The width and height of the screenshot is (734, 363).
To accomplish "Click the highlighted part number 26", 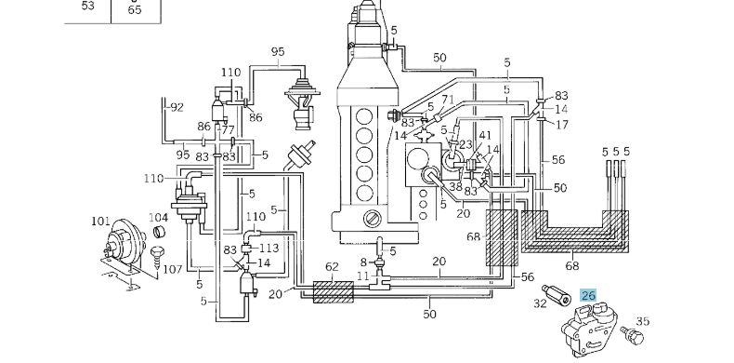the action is pos(588,295).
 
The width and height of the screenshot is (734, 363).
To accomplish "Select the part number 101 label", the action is pos(101,221).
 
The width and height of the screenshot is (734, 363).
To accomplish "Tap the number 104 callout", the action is pos(158,218).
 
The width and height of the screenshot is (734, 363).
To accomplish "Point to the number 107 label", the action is pos(172,269).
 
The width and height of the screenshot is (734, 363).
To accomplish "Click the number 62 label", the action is pos(332,267).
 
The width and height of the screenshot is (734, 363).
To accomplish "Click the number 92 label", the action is pos(177,107).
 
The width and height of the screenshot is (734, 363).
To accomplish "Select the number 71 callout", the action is pos(448,100).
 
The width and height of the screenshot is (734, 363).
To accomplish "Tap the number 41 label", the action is pos(485,136).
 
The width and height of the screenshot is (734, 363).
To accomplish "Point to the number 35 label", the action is pos(643,321).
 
